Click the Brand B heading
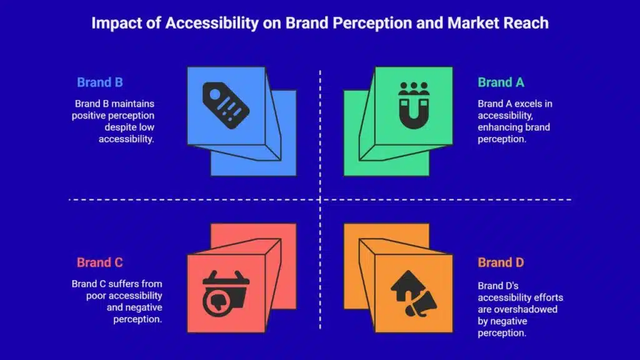tap(99, 82)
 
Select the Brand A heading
tap(501, 82)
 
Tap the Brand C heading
tap(99, 262)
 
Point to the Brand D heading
tap(501, 262)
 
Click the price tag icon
tap(226, 105)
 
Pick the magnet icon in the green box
tap(414, 105)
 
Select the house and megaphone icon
tap(414, 293)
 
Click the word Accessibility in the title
tap(212, 23)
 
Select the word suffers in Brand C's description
tap(123, 284)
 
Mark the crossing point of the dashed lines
tap(320, 199)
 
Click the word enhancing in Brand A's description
tap(499, 127)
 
